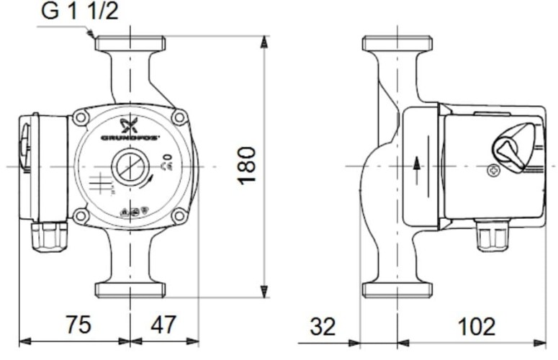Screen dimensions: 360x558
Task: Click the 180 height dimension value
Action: tap(247, 165)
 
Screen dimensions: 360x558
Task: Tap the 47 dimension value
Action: tap(163, 325)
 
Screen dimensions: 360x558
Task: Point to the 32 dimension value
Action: tap(323, 327)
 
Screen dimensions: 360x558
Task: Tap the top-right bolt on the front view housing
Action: tap(179, 117)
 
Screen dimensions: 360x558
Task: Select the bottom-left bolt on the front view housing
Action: tap(81, 215)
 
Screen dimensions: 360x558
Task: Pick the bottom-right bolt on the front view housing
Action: tap(179, 215)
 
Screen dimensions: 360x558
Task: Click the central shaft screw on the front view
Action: tap(130, 167)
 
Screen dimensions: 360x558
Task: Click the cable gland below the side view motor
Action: tap(492, 235)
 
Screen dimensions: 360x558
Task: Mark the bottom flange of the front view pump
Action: tap(130, 290)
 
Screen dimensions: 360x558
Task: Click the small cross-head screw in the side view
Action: tap(493, 171)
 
